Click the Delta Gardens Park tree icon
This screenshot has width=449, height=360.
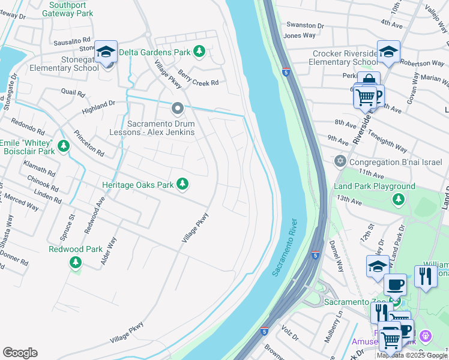pos(199,52)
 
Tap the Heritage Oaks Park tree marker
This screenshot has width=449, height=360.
pos(182,184)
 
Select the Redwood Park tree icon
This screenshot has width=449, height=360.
pos(75,262)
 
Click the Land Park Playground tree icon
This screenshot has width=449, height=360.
pos(397,199)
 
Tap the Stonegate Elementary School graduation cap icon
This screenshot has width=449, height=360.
pos(106,52)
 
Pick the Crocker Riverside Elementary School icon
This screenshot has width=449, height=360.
pos(388,52)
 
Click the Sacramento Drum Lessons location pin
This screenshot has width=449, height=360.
pos(177,109)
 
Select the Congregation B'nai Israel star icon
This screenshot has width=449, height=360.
pos(340,161)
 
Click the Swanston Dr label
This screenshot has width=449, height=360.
pos(304,26)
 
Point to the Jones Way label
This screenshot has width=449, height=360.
pos(299,35)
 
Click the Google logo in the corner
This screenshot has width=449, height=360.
pos(20,353)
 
